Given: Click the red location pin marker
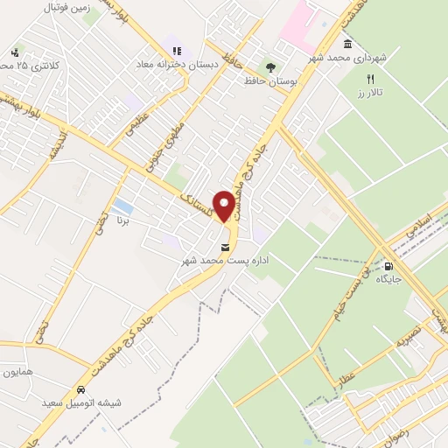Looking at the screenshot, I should [225, 206].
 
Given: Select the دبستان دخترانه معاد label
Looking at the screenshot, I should [173, 66].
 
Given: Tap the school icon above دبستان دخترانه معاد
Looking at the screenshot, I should [176, 52].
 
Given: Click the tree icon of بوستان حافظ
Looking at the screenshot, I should [269, 66].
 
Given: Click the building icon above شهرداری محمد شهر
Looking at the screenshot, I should [348, 44].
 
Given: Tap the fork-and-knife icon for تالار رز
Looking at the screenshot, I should [371, 78].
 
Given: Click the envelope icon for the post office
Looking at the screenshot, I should [226, 247].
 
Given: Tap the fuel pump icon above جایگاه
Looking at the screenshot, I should [388, 267].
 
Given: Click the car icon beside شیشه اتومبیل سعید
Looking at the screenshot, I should [80, 389].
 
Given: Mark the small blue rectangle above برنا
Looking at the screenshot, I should [123, 207].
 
